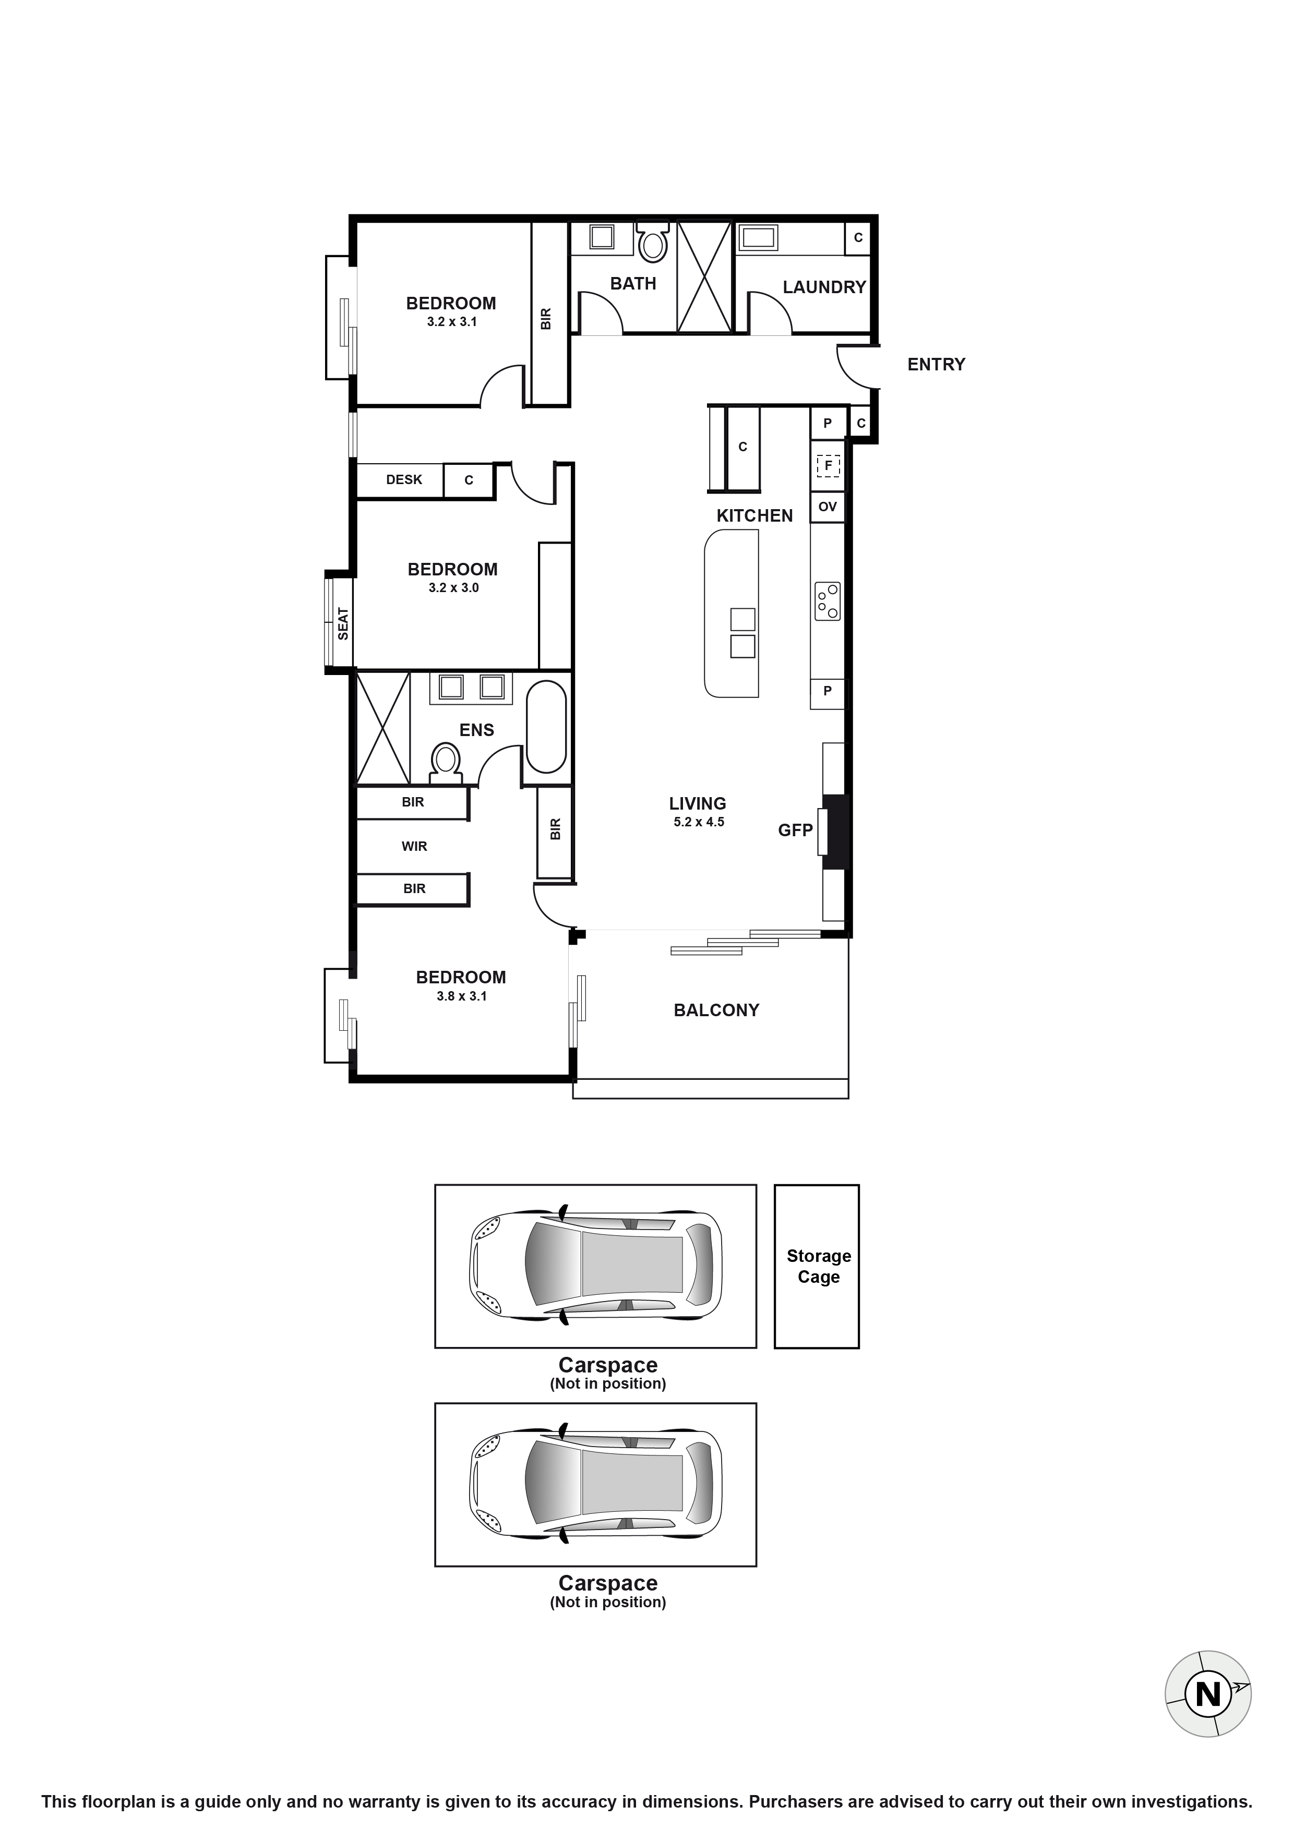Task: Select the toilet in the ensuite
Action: tap(446, 761)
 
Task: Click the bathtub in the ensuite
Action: tap(546, 726)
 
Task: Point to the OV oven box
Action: tap(828, 507)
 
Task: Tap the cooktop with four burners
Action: tap(828, 601)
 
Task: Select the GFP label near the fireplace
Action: tap(795, 830)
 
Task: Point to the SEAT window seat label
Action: tap(343, 623)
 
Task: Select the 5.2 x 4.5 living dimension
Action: tap(699, 822)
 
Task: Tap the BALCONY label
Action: tap(716, 1010)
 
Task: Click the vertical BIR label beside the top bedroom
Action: tap(546, 319)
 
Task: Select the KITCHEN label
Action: tap(754, 516)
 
